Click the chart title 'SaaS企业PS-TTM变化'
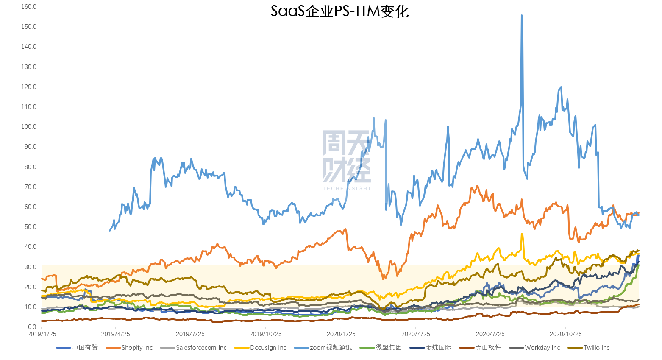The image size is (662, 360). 339,11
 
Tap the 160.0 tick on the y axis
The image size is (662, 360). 29,7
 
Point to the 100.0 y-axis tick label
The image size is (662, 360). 29,127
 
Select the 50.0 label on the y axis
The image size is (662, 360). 29,227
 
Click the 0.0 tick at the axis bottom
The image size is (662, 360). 32,327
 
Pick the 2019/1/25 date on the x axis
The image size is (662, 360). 42,334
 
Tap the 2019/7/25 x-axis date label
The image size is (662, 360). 190,334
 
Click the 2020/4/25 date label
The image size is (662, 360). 416,334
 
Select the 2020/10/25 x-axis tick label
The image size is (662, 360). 566,334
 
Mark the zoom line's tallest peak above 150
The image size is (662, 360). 521,15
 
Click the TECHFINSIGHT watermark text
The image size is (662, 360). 347,188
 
